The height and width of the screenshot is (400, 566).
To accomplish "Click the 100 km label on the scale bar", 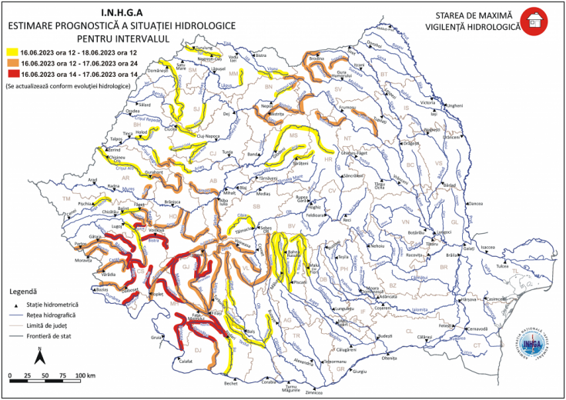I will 85,375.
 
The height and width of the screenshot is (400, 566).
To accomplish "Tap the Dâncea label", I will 475,203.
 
